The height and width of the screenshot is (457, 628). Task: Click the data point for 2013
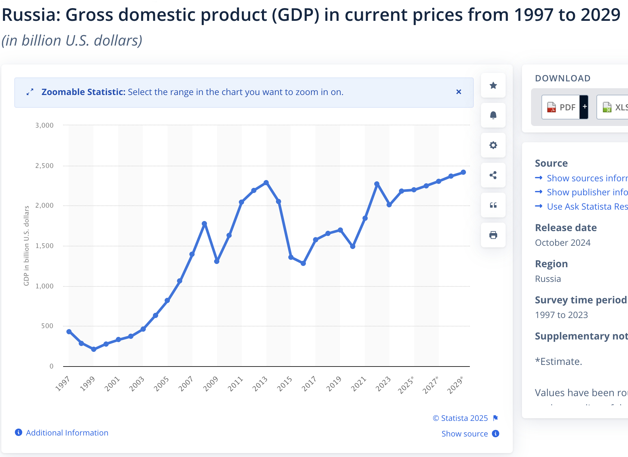[266, 183]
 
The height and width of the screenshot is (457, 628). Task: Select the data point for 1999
[94, 349]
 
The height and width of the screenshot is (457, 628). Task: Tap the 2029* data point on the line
[463, 172]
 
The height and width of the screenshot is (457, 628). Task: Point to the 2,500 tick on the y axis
[45, 166]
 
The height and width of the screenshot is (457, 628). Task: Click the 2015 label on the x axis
[284, 384]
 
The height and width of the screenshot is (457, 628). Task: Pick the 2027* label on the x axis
[430, 385]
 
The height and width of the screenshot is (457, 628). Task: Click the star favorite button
[493, 85]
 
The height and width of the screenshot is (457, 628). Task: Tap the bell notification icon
[493, 115]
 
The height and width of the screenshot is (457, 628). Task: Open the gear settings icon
[493, 145]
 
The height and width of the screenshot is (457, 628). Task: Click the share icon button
[493, 175]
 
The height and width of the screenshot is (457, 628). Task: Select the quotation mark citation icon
[493, 205]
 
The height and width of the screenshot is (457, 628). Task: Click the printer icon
[493, 235]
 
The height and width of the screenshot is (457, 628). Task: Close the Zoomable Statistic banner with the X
[459, 92]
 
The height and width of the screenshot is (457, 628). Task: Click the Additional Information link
[67, 433]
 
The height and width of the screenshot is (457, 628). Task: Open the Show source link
[465, 434]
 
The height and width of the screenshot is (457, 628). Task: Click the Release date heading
[566, 228]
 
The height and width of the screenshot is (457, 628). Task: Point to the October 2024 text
[563, 243]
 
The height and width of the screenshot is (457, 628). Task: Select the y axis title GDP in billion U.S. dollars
[26, 246]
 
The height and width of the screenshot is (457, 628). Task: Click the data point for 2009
[217, 261]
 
